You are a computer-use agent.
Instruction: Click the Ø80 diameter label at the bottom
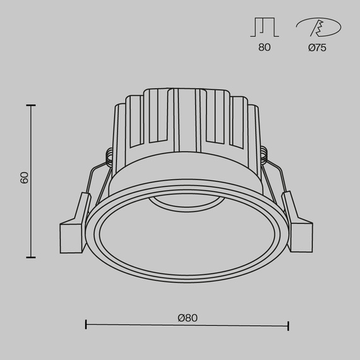pyautogui.click(x=188, y=318)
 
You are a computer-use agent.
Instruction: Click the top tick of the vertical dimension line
pyautogui.click(x=30, y=105)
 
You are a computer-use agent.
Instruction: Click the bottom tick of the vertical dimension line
pyautogui.click(x=30, y=257)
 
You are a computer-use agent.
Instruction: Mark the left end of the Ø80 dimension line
pyautogui.click(x=86, y=326)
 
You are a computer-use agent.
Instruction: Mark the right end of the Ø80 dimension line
pyautogui.click(x=289, y=326)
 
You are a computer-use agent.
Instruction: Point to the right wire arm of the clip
pyautogui.click(x=276, y=183)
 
